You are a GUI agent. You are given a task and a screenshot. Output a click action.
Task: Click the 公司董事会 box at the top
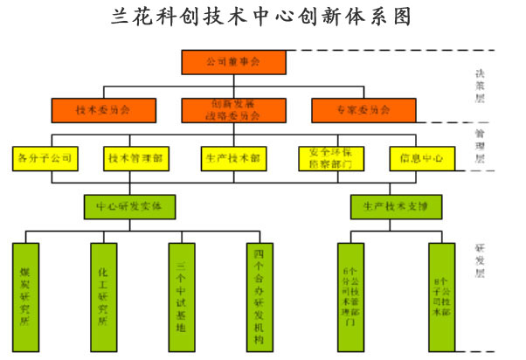pyautogui.click(x=232, y=62)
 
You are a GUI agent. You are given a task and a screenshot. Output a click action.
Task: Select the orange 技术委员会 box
pyautogui.click(x=103, y=110)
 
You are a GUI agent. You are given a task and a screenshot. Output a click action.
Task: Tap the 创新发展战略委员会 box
pyautogui.click(x=232, y=110)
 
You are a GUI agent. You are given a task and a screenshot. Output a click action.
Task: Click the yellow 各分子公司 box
pyautogui.click(x=45, y=159)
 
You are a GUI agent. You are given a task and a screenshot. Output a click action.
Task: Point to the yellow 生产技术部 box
pyautogui.click(x=232, y=159)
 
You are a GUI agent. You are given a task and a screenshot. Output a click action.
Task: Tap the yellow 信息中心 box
pyautogui.click(x=415, y=159)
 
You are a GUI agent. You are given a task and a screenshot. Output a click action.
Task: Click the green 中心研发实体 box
pyautogui.click(x=129, y=206)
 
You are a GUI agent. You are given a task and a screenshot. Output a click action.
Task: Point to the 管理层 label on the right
pyautogui.click(x=479, y=146)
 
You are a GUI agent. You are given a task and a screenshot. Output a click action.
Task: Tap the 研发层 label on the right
pyautogui.click(x=479, y=260)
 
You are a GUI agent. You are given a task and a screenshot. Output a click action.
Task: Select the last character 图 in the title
pyautogui.click(x=399, y=17)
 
